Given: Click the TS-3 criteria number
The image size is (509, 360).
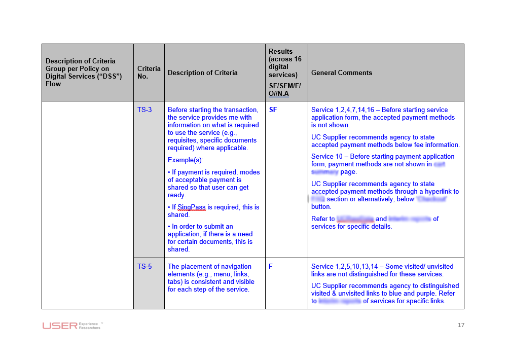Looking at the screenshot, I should tap(144, 110).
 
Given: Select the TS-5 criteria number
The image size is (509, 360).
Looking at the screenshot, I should tap(144, 267).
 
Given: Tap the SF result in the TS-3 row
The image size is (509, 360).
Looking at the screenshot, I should tap(273, 110).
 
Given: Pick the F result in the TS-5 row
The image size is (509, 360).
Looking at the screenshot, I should tap(271, 267).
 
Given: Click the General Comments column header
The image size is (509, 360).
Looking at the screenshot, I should tap(342, 73).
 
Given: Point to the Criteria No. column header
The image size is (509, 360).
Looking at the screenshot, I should tap(149, 73).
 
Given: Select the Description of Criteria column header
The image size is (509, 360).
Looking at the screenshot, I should tap(203, 73).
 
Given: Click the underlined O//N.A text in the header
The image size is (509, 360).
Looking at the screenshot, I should tap(279, 94).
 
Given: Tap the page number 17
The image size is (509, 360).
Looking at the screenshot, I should tap(461, 325).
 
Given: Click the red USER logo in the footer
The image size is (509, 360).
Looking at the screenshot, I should tap(60, 326).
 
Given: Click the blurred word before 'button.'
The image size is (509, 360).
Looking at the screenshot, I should tap(431, 199).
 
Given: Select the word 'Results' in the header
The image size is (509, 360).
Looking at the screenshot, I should tap(281, 52).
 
